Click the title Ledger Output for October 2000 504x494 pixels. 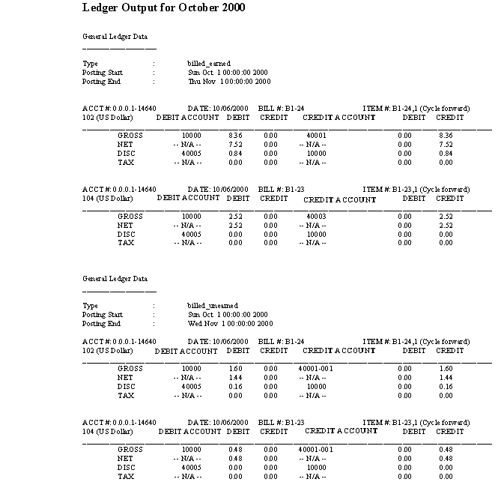pyautogui.click(x=163, y=7)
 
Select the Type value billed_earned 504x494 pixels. pyautogui.click(x=209, y=64)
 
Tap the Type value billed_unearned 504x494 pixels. pyautogui.click(x=213, y=306)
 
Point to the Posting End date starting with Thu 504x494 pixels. pyautogui.click(x=229, y=82)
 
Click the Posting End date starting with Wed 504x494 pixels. pyautogui.click(x=230, y=324)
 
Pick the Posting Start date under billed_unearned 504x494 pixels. pyautogui.click(x=228, y=315)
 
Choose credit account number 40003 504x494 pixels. pyautogui.click(x=317, y=217)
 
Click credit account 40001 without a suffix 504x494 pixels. pyautogui.click(x=317, y=136)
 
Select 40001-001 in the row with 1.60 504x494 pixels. pyautogui.click(x=315, y=369)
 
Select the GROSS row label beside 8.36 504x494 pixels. pyautogui.click(x=130, y=136)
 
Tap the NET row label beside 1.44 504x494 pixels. pyautogui.click(x=124, y=378)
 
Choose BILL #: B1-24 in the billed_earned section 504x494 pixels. pyautogui.click(x=280, y=108)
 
